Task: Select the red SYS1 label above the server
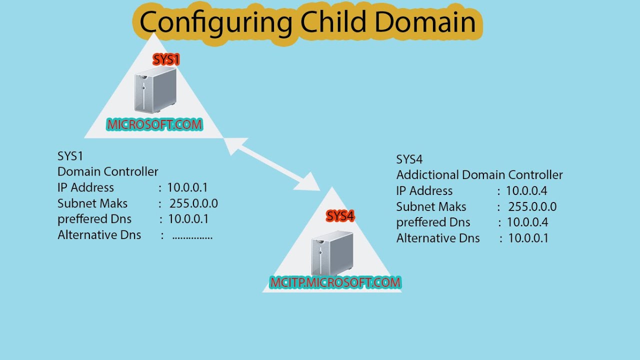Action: [166, 60]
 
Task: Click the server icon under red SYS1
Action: [155, 91]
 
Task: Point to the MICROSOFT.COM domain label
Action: [154, 124]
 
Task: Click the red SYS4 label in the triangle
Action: [340, 216]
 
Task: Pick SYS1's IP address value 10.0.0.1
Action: [187, 187]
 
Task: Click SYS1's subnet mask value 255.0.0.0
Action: [193, 203]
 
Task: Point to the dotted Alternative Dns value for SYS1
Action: [192, 236]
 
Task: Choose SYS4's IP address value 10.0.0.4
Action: [526, 190]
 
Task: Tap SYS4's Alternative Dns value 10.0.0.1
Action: [528, 238]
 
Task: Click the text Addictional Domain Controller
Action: [479, 175]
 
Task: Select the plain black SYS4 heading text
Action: [409, 159]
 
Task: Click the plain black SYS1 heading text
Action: [70, 156]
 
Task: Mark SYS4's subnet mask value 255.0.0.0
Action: [532, 206]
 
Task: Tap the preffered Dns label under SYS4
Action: [433, 222]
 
